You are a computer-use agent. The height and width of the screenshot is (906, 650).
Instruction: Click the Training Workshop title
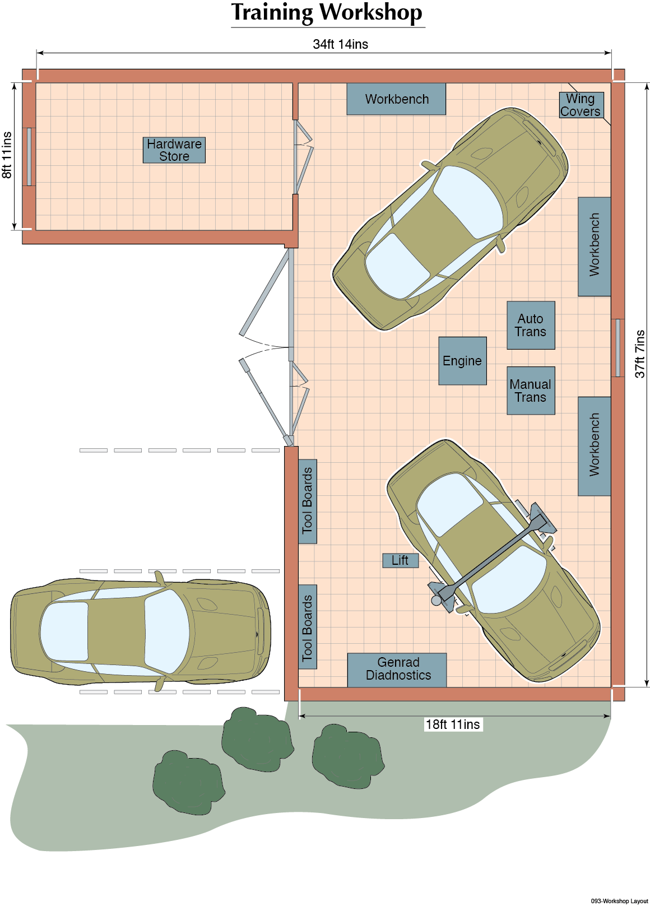327,12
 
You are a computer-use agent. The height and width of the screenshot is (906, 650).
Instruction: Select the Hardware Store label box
174,150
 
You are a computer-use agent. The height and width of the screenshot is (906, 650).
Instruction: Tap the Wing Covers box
581,105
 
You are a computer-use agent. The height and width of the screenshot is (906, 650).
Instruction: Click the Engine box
462,361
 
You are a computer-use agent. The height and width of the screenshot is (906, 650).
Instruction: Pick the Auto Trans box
531,325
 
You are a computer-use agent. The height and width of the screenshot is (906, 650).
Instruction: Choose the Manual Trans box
531,391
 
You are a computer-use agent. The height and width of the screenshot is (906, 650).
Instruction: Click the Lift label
401,561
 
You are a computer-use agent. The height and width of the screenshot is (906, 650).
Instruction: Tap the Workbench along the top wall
396,99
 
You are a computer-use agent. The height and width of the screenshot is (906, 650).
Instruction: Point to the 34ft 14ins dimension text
341,44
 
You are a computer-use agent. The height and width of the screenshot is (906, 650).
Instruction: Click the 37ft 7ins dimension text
640,354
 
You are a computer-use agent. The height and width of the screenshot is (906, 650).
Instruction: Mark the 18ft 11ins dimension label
453,724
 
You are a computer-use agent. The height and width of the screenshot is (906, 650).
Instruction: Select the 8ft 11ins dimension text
7,155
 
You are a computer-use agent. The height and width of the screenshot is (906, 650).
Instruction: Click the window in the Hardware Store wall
29,156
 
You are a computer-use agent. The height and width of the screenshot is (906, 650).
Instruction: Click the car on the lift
494,561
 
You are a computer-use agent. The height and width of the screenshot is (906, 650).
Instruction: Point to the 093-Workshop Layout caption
619,901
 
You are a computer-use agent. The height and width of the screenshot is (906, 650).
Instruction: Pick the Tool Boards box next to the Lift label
308,501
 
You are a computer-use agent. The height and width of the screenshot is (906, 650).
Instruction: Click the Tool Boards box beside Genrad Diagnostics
308,627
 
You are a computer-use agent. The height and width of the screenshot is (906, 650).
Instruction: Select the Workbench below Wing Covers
594,247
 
